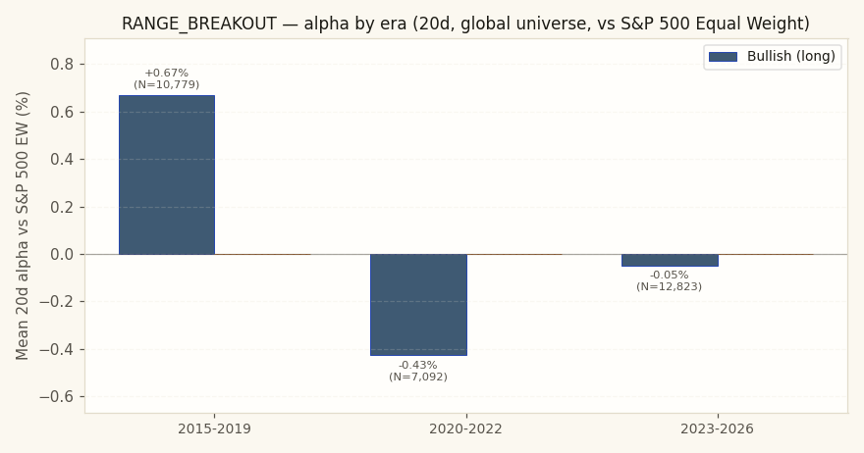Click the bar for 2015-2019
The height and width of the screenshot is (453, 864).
(x=167, y=176)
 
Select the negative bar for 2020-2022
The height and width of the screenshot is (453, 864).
(x=419, y=305)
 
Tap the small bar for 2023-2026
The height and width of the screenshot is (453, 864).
(x=670, y=261)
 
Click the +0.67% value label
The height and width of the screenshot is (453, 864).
(x=166, y=73)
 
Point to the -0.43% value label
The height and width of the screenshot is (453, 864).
(x=417, y=365)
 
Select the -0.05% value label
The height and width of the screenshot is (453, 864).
(x=669, y=275)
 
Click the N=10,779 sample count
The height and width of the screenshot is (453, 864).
(x=166, y=84)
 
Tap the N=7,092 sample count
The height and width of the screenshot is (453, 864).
(x=417, y=377)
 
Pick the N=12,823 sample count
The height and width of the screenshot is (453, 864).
(x=669, y=286)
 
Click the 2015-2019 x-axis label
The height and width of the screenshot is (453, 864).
(x=214, y=428)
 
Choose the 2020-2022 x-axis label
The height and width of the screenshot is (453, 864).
(x=466, y=428)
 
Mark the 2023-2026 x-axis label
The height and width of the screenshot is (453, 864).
(x=718, y=428)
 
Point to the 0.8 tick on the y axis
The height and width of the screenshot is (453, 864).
(x=62, y=65)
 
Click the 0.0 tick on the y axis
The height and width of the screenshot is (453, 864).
(x=62, y=254)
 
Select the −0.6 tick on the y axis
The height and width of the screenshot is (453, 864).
(x=56, y=397)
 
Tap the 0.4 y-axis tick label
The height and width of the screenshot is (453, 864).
(x=62, y=160)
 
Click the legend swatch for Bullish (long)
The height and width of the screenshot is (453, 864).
(x=723, y=57)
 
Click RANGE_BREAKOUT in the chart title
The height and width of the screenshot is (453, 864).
(x=199, y=24)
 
